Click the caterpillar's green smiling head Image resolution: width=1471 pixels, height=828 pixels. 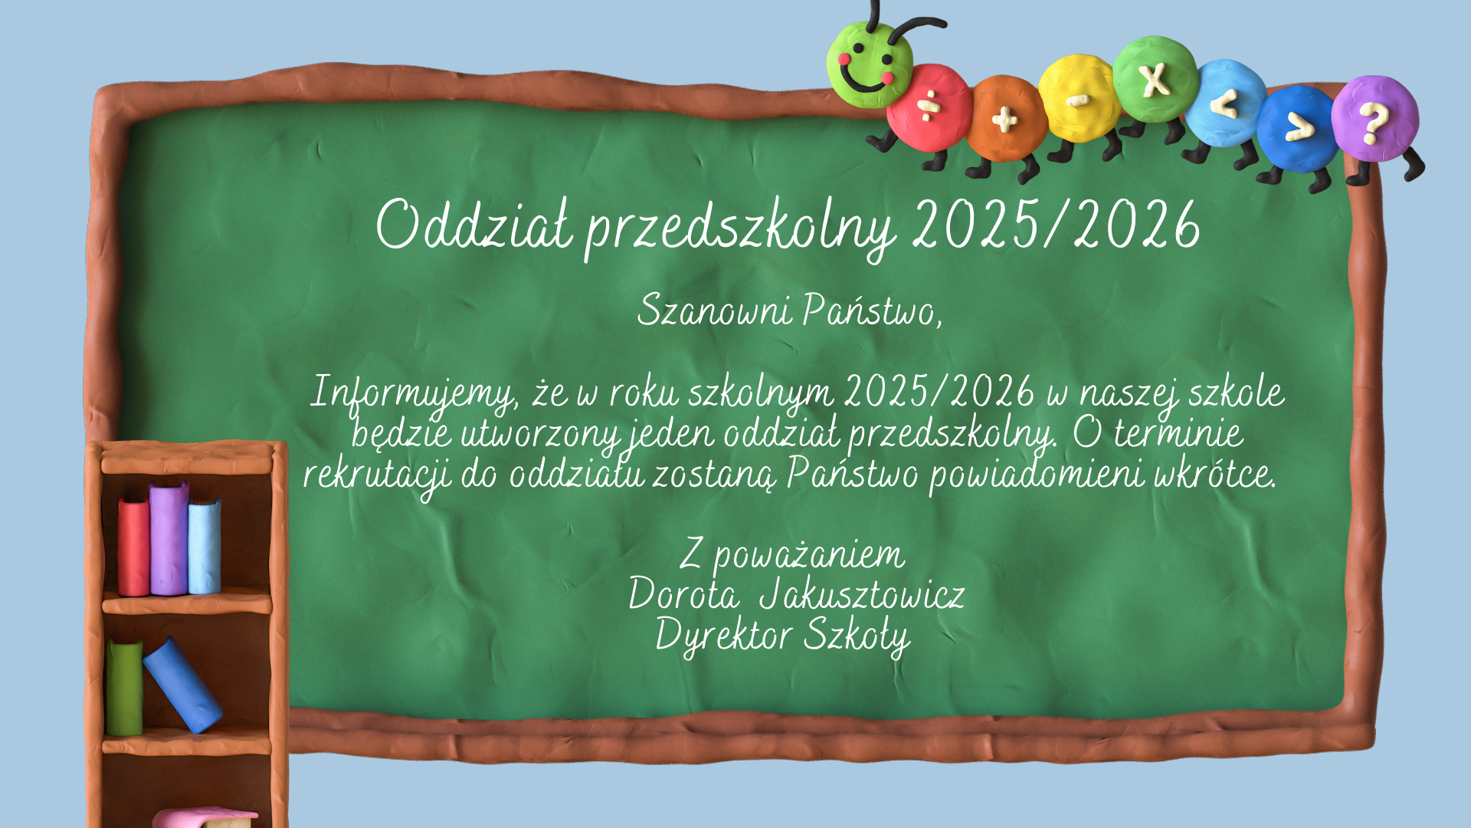pyautogui.click(x=870, y=64)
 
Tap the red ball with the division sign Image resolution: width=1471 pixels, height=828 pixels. pyautogui.click(x=929, y=107)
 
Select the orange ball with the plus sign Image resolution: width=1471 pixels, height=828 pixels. pyautogui.click(x=1005, y=118)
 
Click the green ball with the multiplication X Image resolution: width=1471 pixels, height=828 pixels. pyautogui.click(x=1155, y=79)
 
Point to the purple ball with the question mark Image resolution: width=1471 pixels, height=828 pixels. pyautogui.click(x=1374, y=118)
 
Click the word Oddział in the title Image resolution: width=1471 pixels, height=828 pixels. pyautogui.click(x=474, y=224)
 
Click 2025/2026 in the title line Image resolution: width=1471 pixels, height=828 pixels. pyautogui.click(x=1057, y=224)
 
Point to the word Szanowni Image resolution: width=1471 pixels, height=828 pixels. pyautogui.click(x=714, y=310)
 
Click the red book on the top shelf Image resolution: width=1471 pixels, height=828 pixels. pyautogui.click(x=133, y=546)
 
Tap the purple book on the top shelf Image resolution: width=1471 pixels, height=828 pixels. pyautogui.click(x=169, y=538)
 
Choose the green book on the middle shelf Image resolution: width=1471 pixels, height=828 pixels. pyautogui.click(x=124, y=688)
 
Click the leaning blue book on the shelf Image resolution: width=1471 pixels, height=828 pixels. pyautogui.click(x=182, y=685)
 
